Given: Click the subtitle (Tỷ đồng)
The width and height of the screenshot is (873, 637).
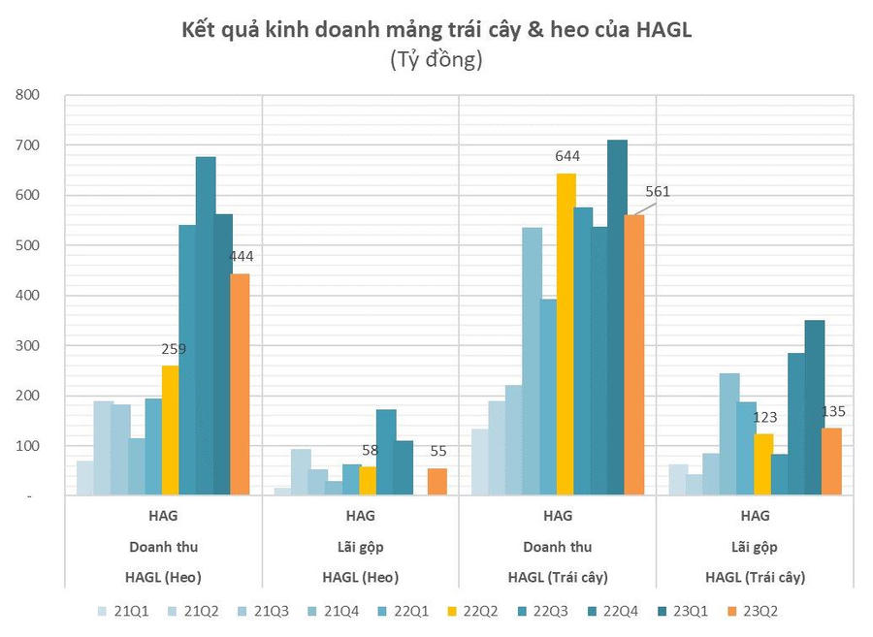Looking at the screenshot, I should pos(436,60).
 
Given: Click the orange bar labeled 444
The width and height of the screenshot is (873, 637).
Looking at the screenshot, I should pos(240,385).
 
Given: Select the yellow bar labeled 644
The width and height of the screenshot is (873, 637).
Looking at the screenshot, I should pos(566,334).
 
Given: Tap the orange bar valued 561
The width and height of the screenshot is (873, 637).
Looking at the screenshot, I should pos(634,355).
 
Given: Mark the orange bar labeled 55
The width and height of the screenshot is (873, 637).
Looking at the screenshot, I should pos(437,482).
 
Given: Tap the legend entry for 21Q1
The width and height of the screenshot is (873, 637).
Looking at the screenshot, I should pos(127,611).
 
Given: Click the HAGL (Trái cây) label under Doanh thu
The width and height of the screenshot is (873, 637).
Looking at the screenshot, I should pos(558,577).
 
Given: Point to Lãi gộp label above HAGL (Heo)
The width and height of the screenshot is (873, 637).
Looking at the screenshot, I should pos(360,547).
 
